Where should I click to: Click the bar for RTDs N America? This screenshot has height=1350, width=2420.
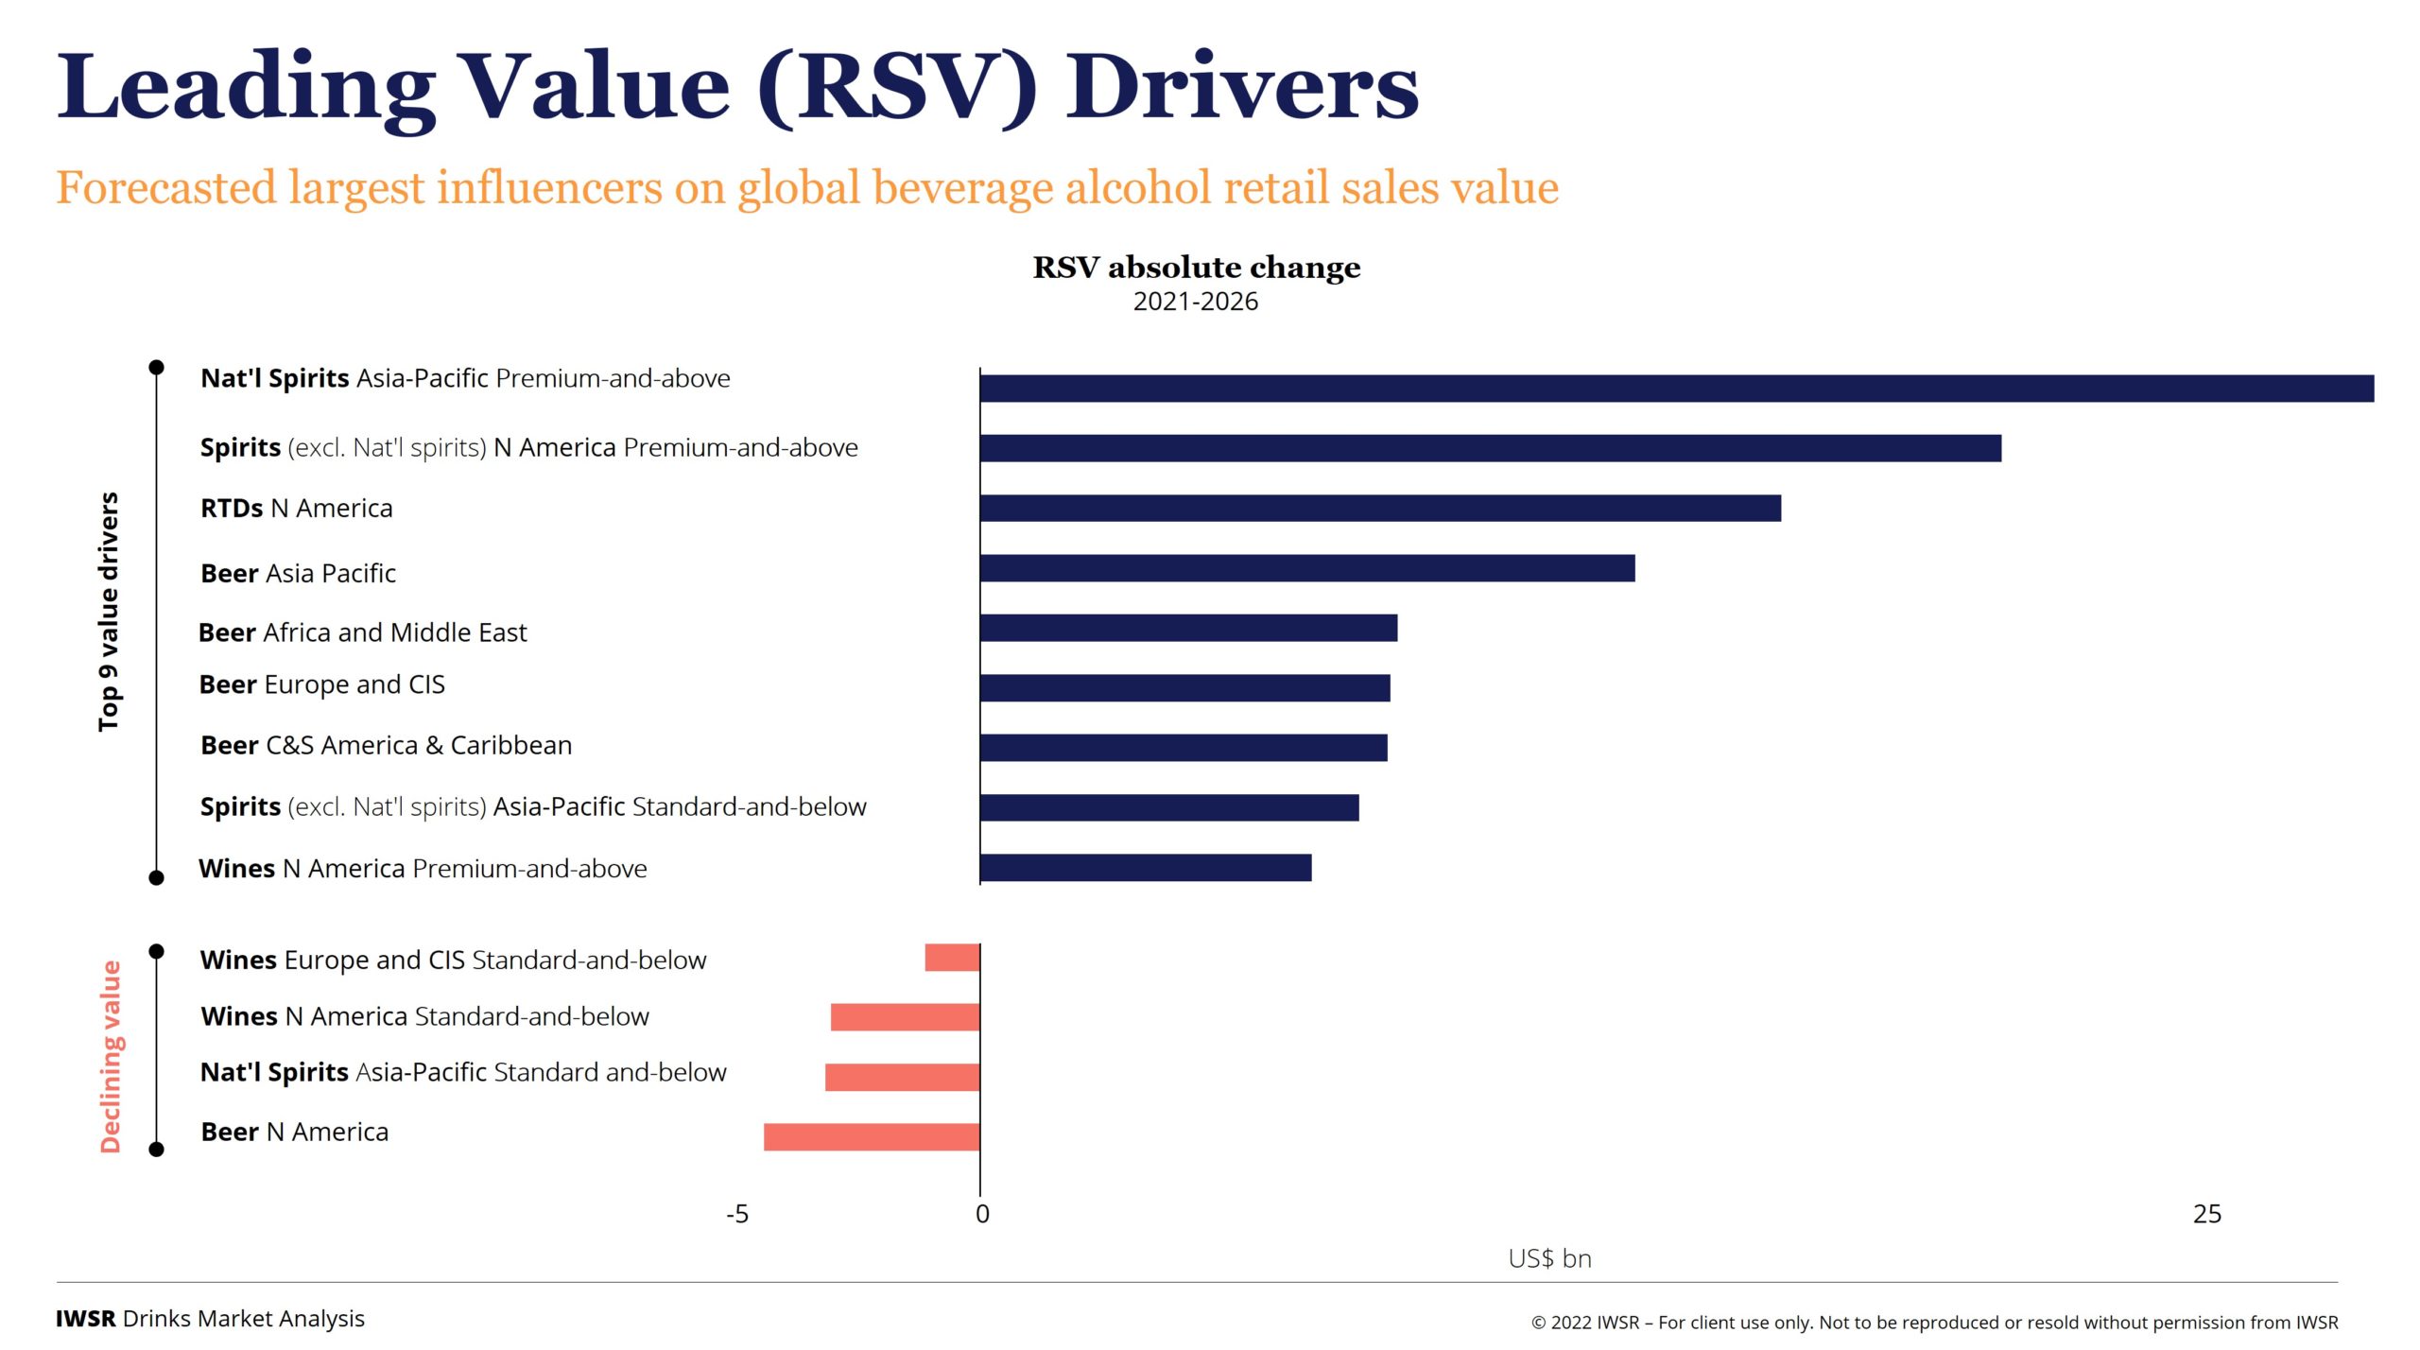[1380, 508]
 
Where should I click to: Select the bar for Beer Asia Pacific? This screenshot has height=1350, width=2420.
[1307, 568]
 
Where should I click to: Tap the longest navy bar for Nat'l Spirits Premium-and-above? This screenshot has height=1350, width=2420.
[1676, 389]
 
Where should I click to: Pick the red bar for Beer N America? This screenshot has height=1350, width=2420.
[872, 1136]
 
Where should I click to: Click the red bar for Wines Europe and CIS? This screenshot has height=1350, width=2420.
[952, 958]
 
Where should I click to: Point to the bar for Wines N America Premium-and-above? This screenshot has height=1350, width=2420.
[1146, 868]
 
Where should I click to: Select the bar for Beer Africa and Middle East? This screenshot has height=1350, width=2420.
[1188, 628]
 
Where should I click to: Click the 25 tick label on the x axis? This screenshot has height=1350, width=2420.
[2206, 1214]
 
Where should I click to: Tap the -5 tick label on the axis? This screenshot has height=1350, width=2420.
[736, 1214]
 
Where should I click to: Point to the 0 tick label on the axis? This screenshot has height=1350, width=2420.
[982, 1214]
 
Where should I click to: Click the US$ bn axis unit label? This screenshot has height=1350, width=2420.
[1549, 1258]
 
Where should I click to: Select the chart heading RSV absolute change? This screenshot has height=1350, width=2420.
[1196, 268]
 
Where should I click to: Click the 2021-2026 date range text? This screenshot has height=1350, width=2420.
[1196, 302]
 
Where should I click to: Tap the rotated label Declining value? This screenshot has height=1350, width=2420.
[111, 1056]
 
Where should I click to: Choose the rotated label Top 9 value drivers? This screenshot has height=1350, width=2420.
[109, 612]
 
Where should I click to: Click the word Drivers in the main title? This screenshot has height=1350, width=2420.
[1242, 88]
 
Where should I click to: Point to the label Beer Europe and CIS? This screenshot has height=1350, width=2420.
[321, 684]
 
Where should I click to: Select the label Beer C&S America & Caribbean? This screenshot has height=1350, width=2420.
[386, 745]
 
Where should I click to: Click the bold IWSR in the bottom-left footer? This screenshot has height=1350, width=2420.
[85, 1319]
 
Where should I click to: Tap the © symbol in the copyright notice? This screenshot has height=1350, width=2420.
[1538, 1324]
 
